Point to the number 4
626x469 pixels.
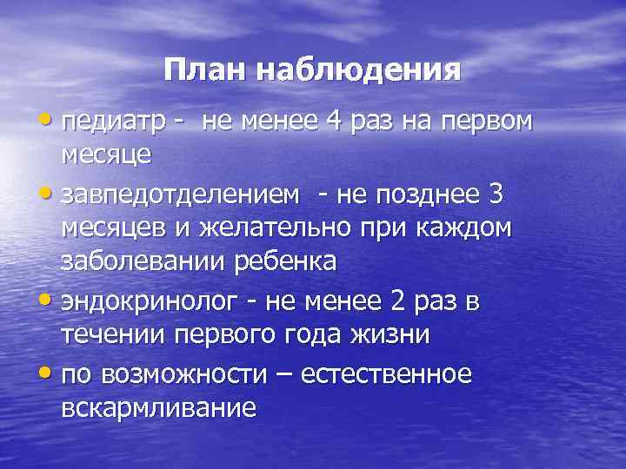pyautogui.click(x=335, y=122)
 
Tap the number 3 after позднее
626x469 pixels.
pyautogui.click(x=496, y=195)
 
